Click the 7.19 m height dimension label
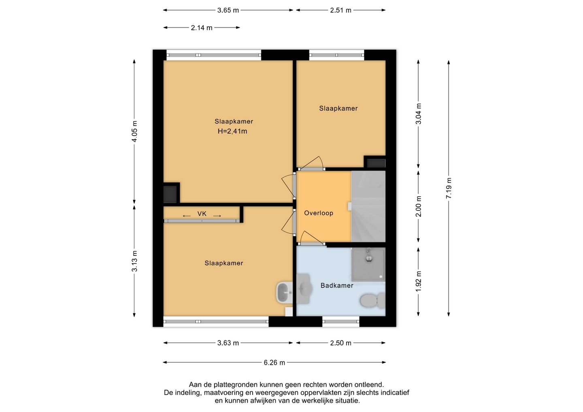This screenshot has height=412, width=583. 449,188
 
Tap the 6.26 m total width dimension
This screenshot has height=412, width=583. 274,363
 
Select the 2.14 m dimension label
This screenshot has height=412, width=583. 202,28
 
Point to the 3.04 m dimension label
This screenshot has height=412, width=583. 418,114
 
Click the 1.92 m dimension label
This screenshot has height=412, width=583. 418,281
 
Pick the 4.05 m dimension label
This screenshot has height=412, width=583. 134,132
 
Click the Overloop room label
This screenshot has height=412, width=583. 319,213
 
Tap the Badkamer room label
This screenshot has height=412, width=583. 337,286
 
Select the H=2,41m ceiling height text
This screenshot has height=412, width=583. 232,132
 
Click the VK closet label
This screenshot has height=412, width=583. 202,214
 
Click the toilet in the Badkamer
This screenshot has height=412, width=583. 372,301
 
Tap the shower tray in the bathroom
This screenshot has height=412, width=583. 368,265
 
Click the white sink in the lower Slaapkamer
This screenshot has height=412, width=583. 284,293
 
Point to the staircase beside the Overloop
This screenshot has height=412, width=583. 368,206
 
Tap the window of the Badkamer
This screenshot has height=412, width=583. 341,322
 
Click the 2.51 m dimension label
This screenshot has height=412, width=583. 341,11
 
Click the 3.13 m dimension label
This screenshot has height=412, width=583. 134,261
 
